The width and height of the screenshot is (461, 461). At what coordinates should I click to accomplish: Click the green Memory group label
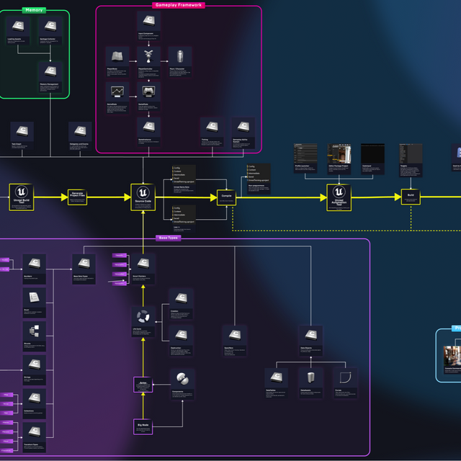pyautogui.click(x=34, y=11)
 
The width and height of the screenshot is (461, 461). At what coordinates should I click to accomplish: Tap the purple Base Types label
pyautogui.click(x=167, y=238)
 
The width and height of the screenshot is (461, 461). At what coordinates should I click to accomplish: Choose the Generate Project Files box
pyautogui.click(x=77, y=197)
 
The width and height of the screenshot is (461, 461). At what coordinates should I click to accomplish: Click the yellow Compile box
pyautogui.click(x=227, y=197)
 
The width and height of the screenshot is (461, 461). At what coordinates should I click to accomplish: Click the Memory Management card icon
pyautogui.click(x=49, y=71)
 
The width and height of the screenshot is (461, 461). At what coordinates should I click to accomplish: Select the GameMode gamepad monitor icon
pyautogui.click(x=148, y=91)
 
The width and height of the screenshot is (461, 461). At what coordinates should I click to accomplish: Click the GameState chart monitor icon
pyautogui.click(x=117, y=91)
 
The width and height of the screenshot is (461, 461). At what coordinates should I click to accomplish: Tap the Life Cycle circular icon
pyautogui.click(x=143, y=315)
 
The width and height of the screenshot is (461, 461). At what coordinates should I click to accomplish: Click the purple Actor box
pyautogui.click(x=143, y=385)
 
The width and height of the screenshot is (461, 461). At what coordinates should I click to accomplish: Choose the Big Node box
pyautogui.click(x=143, y=426)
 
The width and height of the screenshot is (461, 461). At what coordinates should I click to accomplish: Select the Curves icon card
pyautogui.click(x=345, y=377)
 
